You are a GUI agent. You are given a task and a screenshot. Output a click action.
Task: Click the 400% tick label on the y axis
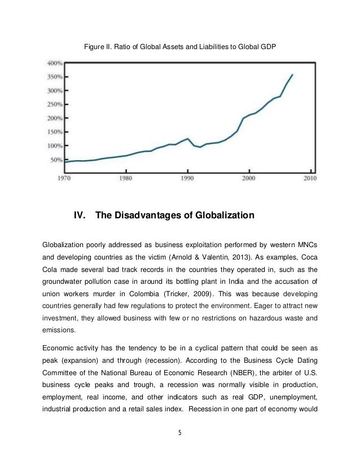[x=54, y=63]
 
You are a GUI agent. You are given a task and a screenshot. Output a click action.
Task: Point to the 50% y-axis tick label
[x=55, y=160]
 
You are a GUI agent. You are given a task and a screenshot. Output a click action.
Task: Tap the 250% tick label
[x=54, y=104]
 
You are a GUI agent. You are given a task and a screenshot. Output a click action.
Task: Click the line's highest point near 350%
[x=292, y=74]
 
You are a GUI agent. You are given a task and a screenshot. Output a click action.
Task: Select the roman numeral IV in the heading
[x=80, y=216]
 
